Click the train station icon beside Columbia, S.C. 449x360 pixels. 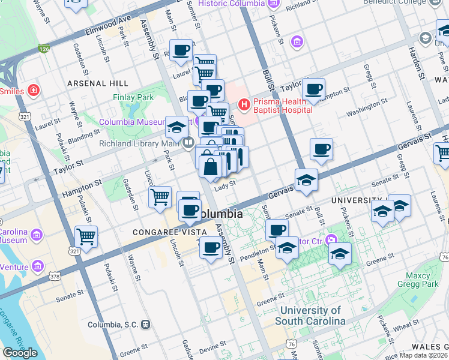145,325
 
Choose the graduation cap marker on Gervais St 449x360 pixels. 306,179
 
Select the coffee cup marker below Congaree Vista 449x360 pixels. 211,247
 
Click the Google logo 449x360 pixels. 20,353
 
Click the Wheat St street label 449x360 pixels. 406,326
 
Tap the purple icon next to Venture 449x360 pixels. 38,265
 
